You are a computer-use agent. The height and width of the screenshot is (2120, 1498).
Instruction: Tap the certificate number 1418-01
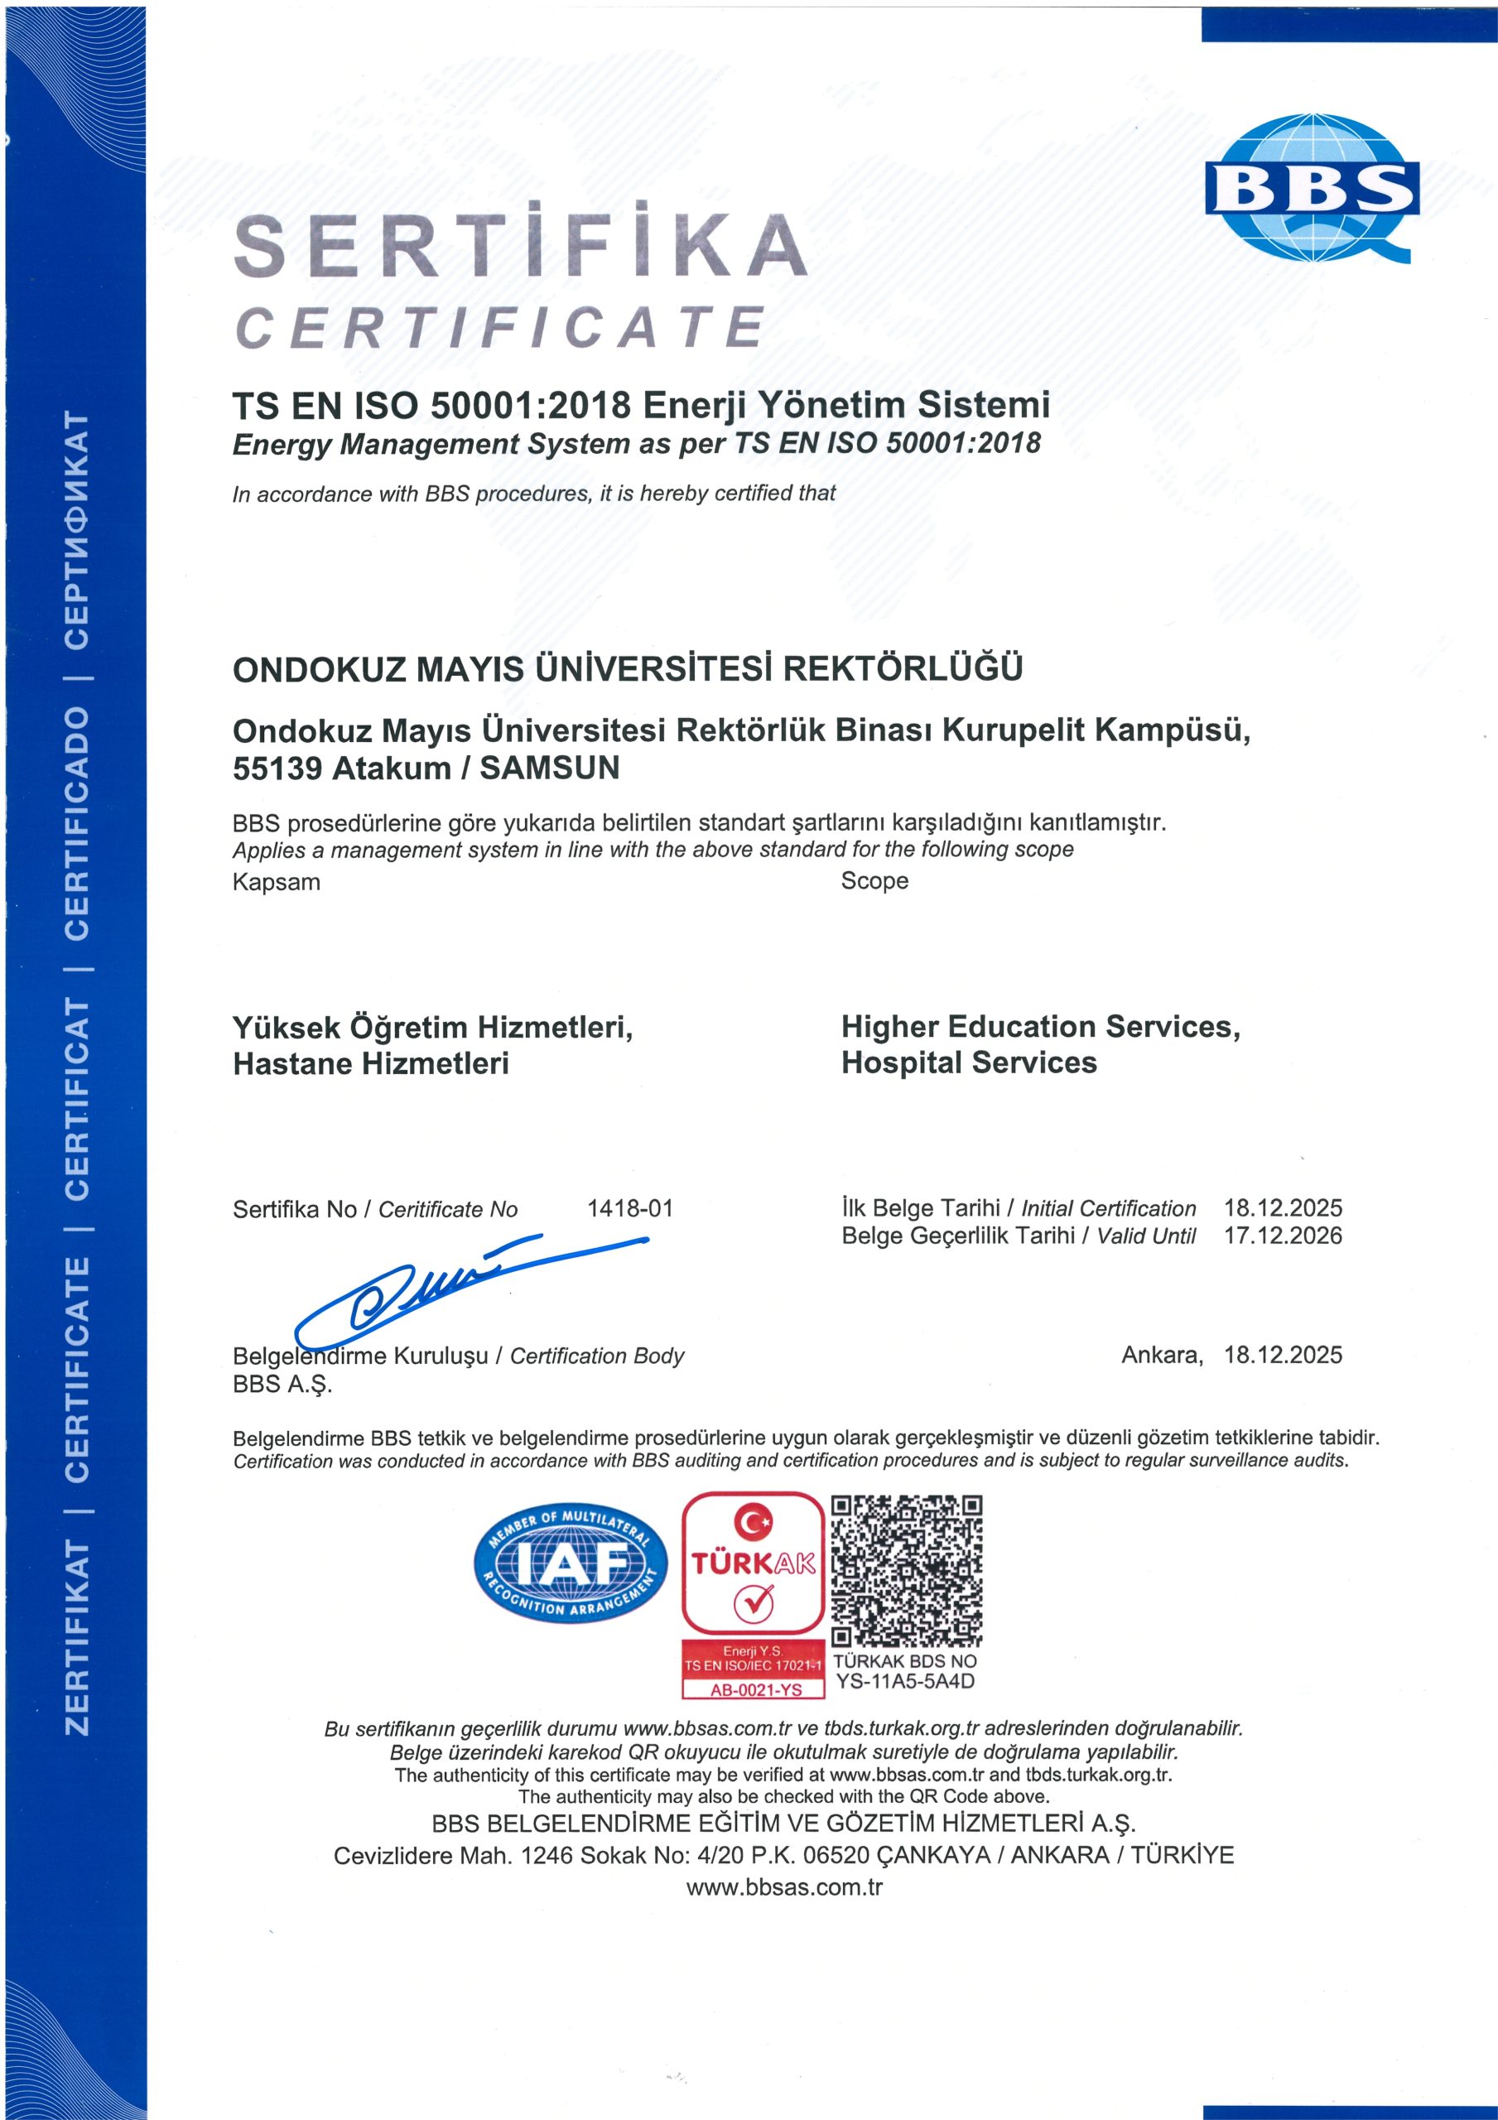pyautogui.click(x=630, y=1207)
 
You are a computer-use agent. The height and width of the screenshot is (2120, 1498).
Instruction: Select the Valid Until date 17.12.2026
pyautogui.click(x=1283, y=1236)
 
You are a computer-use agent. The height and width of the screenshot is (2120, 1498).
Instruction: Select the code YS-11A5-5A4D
pyautogui.click(x=905, y=1680)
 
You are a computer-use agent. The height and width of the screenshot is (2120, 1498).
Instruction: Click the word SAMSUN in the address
pyautogui.click(x=550, y=768)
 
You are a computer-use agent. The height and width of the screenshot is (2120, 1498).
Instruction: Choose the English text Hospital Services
pyautogui.click(x=969, y=1062)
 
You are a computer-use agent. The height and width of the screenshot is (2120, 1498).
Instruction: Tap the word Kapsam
pyautogui.click(x=276, y=882)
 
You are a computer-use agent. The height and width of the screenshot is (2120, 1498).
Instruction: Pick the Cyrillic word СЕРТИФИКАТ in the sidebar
pyautogui.click(x=77, y=530)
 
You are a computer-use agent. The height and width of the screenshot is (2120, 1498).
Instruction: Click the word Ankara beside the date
pyautogui.click(x=1162, y=1355)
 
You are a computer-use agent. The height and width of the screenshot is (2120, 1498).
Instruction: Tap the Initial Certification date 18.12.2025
pyautogui.click(x=1283, y=1207)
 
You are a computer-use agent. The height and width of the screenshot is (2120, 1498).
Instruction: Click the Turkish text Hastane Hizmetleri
pyautogui.click(x=370, y=1063)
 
